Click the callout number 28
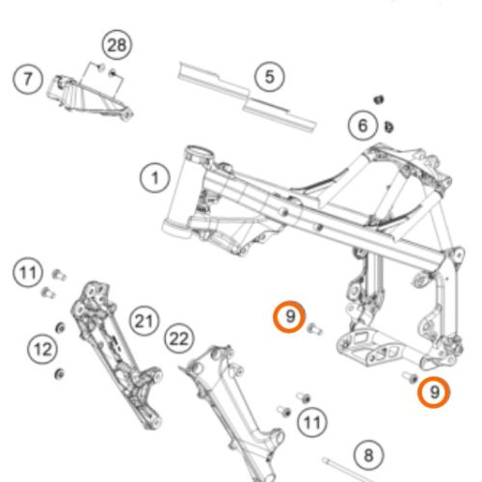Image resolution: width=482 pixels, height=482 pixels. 117,45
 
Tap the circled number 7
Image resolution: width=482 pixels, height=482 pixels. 28,79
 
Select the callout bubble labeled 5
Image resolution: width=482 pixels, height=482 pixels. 269,77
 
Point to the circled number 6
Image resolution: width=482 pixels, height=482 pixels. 362,125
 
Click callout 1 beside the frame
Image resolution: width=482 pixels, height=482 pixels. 155,178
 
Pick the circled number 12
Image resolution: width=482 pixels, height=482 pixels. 42,349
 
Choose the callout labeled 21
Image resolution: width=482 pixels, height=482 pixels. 145,321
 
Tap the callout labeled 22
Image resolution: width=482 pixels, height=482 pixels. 179,338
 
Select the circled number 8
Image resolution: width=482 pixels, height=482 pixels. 368,455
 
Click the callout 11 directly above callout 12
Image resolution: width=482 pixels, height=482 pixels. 28,273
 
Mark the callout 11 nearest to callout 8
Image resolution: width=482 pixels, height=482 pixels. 312,422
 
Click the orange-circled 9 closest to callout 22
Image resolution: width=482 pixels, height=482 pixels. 289,317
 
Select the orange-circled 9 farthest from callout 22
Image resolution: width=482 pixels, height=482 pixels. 434,392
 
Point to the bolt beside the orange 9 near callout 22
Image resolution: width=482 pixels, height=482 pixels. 315,330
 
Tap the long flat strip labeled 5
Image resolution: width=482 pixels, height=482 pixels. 247,97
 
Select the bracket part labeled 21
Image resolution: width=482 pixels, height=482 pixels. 116,354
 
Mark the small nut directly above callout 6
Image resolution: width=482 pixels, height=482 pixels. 379,99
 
